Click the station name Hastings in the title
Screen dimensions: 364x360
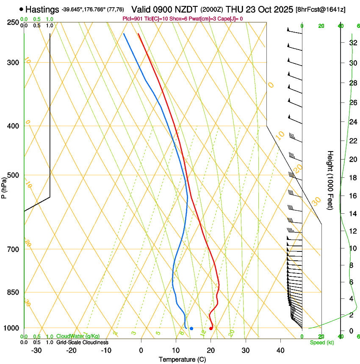pos(42,9)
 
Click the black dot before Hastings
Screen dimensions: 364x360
pos(21,9)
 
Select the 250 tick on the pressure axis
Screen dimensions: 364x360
pos(13,22)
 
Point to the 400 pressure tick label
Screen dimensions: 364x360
pos(13,126)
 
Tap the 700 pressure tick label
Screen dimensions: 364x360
pos(13,249)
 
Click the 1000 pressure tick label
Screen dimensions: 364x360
pos(11,328)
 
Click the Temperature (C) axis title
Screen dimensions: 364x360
pos(182,359)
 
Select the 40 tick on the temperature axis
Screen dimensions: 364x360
pos(280,350)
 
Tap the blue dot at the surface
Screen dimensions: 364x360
pos(191,328)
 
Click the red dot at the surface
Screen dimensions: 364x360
pos(211,328)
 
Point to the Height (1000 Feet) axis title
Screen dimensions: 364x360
pos(330,180)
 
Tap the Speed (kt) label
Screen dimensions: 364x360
pos(321,342)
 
